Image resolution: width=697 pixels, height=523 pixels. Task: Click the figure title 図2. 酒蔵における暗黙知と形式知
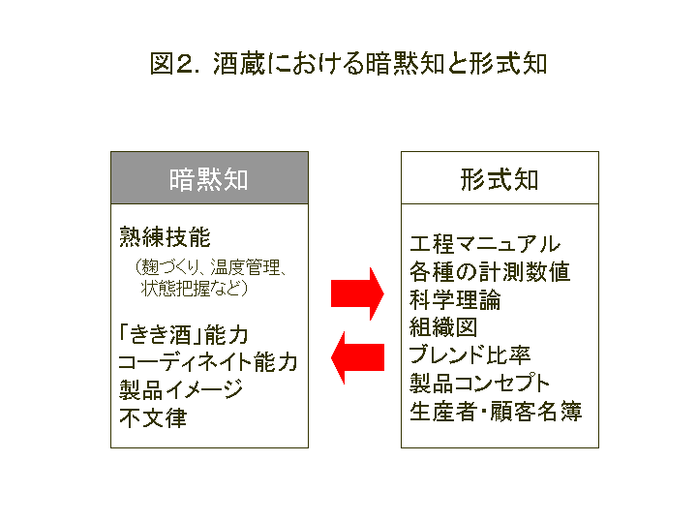(348, 64)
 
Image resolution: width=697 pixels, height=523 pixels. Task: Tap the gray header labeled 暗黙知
(209, 178)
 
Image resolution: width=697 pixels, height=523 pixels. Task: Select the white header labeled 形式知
(500, 178)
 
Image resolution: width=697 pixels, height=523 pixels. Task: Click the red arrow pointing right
(357, 294)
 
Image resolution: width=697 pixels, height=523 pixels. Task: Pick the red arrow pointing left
(357, 357)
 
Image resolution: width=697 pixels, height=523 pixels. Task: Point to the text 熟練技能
(165, 237)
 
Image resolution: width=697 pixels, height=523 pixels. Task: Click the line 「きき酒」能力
(183, 334)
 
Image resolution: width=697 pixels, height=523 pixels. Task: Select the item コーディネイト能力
(208, 362)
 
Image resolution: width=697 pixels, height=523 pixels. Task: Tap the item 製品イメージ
(180, 389)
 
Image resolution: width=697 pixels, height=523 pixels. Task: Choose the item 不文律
(153, 417)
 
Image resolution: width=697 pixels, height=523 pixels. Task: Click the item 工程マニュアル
(485, 244)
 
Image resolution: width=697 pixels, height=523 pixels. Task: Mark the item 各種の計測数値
(490, 272)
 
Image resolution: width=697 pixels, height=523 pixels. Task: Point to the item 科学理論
(455, 299)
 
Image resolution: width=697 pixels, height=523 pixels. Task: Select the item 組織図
(443, 327)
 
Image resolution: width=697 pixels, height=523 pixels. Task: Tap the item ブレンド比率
(470, 354)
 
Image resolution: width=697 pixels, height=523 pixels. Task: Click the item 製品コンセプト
(479, 383)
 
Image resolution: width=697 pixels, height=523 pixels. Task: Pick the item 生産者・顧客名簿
(496, 411)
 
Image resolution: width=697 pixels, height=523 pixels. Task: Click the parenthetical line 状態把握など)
(194, 289)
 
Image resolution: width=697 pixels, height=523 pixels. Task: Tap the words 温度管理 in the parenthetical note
(245, 267)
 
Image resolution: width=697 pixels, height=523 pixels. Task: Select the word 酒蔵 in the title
(239, 64)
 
